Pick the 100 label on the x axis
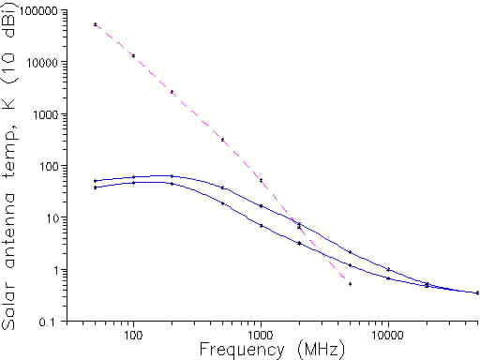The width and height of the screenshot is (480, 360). coord(133,333)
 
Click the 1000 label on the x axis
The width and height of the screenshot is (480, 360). coord(260,333)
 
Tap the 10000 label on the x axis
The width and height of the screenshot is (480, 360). coord(387,333)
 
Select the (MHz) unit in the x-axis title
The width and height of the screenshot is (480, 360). coord(318,350)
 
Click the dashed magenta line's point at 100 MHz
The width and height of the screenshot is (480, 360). coord(133,55)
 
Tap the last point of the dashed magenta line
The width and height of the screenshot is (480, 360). coord(350,283)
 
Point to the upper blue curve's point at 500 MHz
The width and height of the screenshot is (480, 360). coord(222,187)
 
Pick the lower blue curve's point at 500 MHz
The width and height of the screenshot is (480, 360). coord(222,202)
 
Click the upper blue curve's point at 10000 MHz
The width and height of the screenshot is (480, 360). coord(387,270)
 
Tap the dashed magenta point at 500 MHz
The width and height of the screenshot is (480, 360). coord(222,140)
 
